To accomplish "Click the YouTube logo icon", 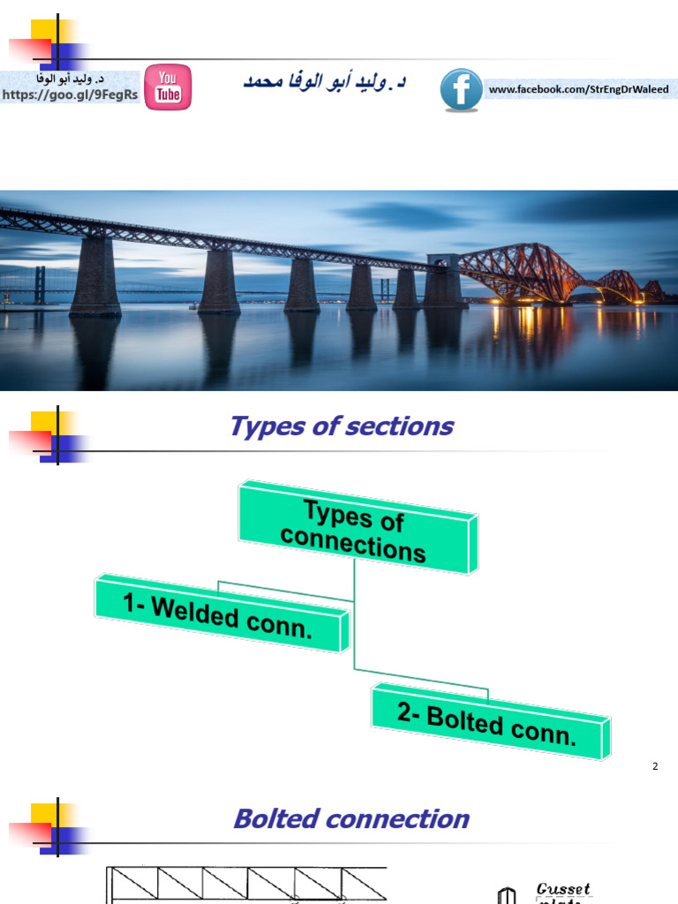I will pos(168,87).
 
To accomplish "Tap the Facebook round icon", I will pos(461,90).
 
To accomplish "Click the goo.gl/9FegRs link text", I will pos(71,95).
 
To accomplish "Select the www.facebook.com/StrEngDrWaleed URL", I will pos(578,89).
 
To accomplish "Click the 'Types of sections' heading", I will pos(341,426).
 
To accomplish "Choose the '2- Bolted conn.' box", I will pos(487,721).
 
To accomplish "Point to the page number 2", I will pos(655,766).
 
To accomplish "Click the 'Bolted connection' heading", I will pos(350,819).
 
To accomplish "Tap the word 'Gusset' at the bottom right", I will pos(563,889).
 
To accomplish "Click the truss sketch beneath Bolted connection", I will pos(247,885).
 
